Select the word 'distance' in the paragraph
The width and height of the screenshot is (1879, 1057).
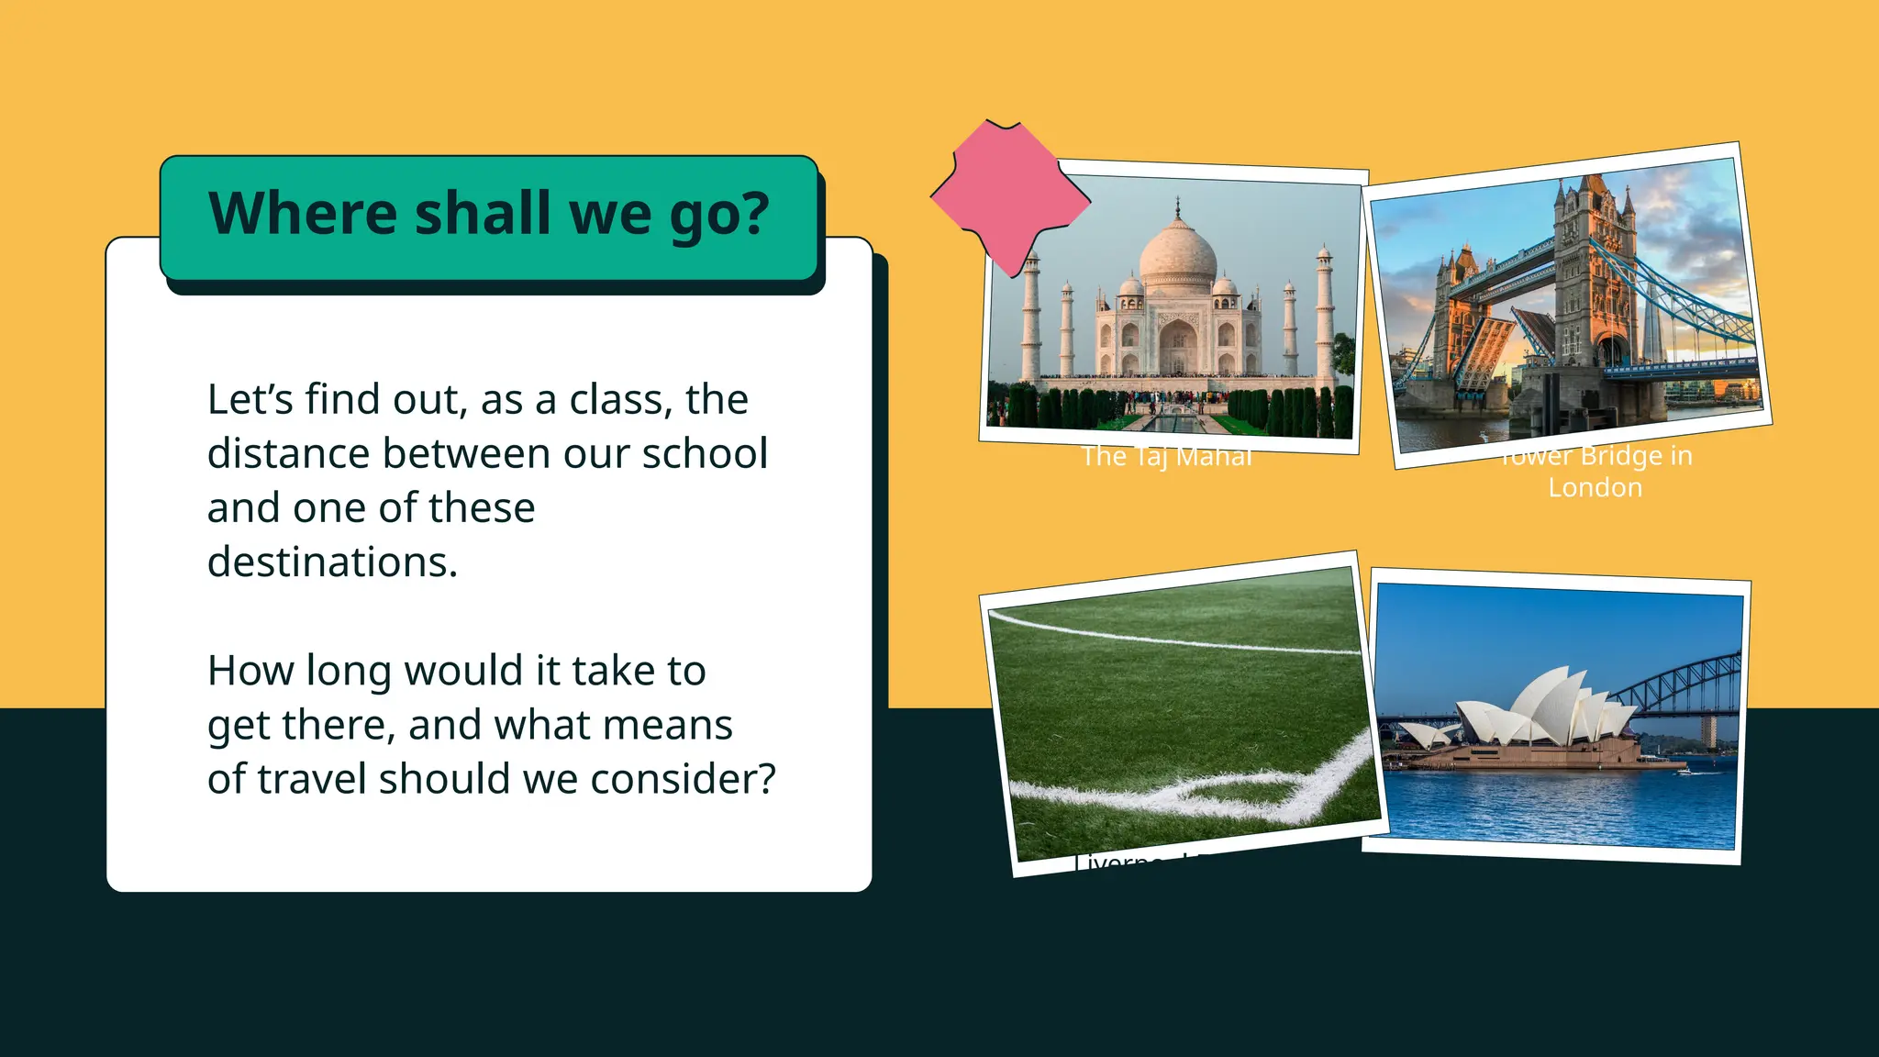point(285,453)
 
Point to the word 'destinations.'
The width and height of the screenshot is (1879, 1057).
point(332,562)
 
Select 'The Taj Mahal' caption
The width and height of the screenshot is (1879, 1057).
point(1165,457)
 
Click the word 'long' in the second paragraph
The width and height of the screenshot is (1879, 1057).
point(348,671)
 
